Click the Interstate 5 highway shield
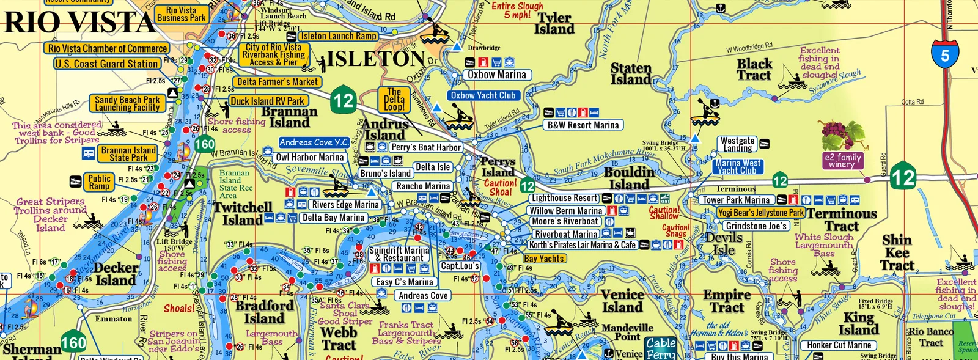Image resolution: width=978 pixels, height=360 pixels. pos(944,54)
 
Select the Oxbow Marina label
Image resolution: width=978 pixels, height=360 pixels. pos(496,75)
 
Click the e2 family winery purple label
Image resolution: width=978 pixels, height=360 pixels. pos(842,161)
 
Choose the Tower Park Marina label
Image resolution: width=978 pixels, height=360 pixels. pos(735,200)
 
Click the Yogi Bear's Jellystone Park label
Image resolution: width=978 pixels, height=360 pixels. pos(760,213)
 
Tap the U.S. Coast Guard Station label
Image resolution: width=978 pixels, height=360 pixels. pos(107,64)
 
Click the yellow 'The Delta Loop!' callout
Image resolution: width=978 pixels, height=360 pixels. pos(394,100)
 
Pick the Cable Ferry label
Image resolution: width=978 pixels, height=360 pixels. pos(661,348)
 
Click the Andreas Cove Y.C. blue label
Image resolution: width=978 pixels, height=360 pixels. pos(314,142)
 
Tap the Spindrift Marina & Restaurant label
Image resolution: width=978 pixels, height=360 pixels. pos(399,254)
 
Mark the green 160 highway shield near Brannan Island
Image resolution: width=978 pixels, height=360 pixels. pos(204,145)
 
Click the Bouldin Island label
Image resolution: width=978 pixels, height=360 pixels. pos(630,178)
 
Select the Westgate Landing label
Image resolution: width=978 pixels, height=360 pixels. pos(737,144)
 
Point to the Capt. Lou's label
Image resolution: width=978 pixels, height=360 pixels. pos(460,266)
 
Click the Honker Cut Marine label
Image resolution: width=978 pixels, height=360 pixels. pos(839,345)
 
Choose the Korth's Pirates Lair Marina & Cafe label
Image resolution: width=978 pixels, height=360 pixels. pos(582,245)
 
